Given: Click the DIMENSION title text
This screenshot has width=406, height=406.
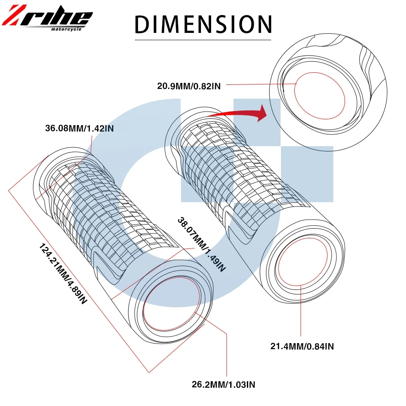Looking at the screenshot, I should click(x=203, y=24).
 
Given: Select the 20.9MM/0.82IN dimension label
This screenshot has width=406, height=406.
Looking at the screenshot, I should click(x=189, y=86).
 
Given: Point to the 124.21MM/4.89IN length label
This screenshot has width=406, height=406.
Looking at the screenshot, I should click(x=63, y=274).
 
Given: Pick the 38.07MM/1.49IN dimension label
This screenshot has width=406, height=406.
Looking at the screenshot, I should click(x=201, y=244).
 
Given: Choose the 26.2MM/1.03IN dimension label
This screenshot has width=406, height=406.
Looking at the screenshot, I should click(x=224, y=384).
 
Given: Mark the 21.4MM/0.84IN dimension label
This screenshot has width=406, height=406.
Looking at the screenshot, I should click(x=302, y=346).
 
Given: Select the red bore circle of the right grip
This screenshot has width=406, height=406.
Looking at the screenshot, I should click(x=301, y=263).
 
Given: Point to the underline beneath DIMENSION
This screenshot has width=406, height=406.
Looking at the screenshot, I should click(x=203, y=40).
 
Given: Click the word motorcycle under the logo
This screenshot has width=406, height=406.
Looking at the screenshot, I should click(x=67, y=29).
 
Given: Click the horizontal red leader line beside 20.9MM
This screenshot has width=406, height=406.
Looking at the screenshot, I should click(x=260, y=84).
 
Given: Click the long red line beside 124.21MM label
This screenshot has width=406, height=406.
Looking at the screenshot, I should click(x=77, y=284).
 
